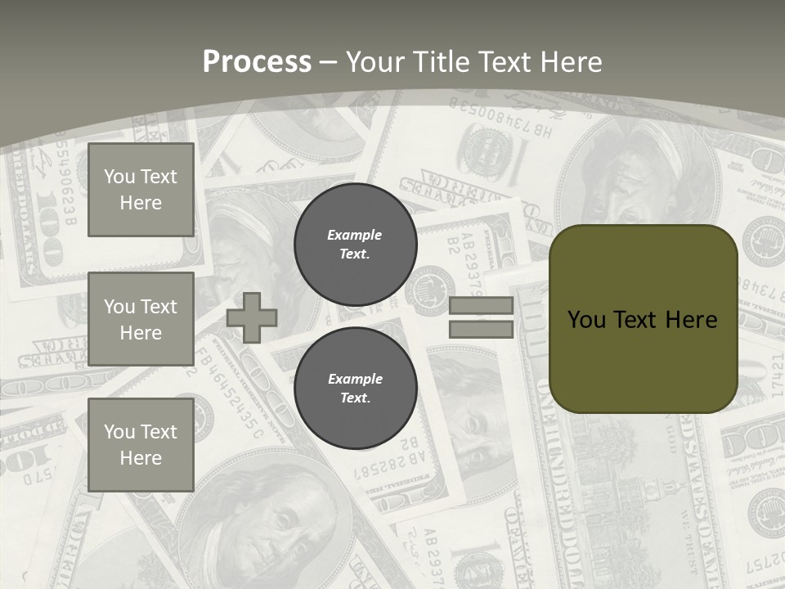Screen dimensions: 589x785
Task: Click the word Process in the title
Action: [x=257, y=61]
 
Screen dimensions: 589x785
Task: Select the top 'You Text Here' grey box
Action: [x=141, y=190]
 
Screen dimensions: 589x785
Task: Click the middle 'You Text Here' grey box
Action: [x=141, y=319]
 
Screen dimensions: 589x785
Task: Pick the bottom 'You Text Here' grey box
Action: [x=141, y=444]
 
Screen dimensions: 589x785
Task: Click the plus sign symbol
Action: [x=252, y=317]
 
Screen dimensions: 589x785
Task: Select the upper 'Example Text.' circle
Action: [x=355, y=245]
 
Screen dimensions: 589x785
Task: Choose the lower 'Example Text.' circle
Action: [x=355, y=389]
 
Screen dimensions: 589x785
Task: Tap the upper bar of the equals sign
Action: [x=481, y=305]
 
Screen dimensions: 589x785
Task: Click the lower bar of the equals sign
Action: [x=481, y=330]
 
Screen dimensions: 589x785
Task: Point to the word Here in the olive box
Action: [x=691, y=320]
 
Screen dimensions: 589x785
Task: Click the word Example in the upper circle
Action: [x=355, y=235]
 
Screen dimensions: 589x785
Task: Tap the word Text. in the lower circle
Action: [x=355, y=398]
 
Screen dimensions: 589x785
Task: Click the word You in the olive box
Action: [x=587, y=320]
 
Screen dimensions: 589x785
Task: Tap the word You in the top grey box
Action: [x=119, y=177]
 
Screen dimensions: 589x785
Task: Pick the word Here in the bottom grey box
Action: [x=141, y=458]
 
